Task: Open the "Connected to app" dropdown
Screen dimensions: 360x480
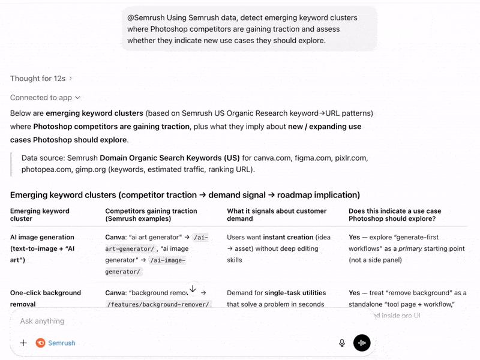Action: coord(45,98)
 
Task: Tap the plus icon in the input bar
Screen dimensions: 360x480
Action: coord(23,343)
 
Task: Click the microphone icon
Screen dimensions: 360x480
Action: coord(342,343)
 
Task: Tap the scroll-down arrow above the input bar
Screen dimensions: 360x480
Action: coord(192,289)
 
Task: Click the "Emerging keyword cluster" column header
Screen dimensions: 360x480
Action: coord(40,215)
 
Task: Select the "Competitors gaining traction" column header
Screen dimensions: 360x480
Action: coord(151,215)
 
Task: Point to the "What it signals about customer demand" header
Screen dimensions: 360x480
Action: coord(277,215)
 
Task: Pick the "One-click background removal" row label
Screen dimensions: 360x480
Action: coord(45,298)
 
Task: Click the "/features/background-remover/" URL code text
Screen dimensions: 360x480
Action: coord(158,304)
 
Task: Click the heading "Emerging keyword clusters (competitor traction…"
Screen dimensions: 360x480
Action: coord(185,195)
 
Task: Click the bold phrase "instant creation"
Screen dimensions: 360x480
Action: coord(289,237)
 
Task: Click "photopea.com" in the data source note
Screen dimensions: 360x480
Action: coord(46,169)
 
